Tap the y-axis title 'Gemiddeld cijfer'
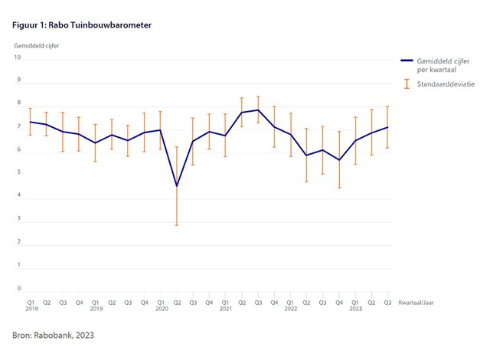coord(36,45)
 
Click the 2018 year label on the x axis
coord(31,308)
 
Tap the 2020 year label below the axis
coord(161,308)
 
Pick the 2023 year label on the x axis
coord(355,308)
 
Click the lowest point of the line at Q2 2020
coord(177,185)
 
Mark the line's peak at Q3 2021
coord(258,110)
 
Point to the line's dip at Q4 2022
coord(339,160)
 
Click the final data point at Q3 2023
coord(387,127)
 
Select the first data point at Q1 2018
coord(31,122)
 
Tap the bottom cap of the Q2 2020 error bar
coord(177,225)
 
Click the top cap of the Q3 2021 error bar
coord(258,97)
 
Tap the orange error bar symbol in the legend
coord(405,83)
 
